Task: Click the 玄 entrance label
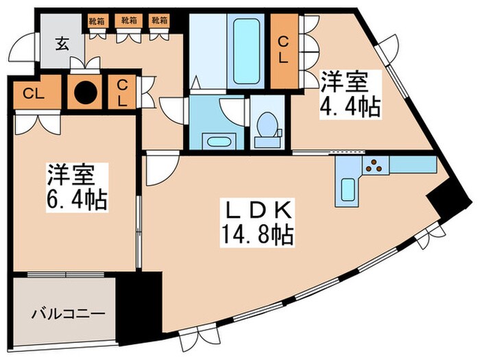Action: (x=62, y=46)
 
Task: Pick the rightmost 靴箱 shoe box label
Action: (x=160, y=20)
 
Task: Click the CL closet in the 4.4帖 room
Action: (x=282, y=49)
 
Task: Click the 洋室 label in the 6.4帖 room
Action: (x=69, y=174)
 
